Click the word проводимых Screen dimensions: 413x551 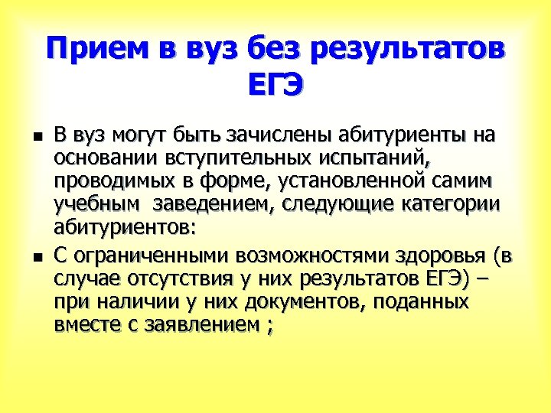[x=108, y=184]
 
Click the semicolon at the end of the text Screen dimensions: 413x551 [x=266, y=326]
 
